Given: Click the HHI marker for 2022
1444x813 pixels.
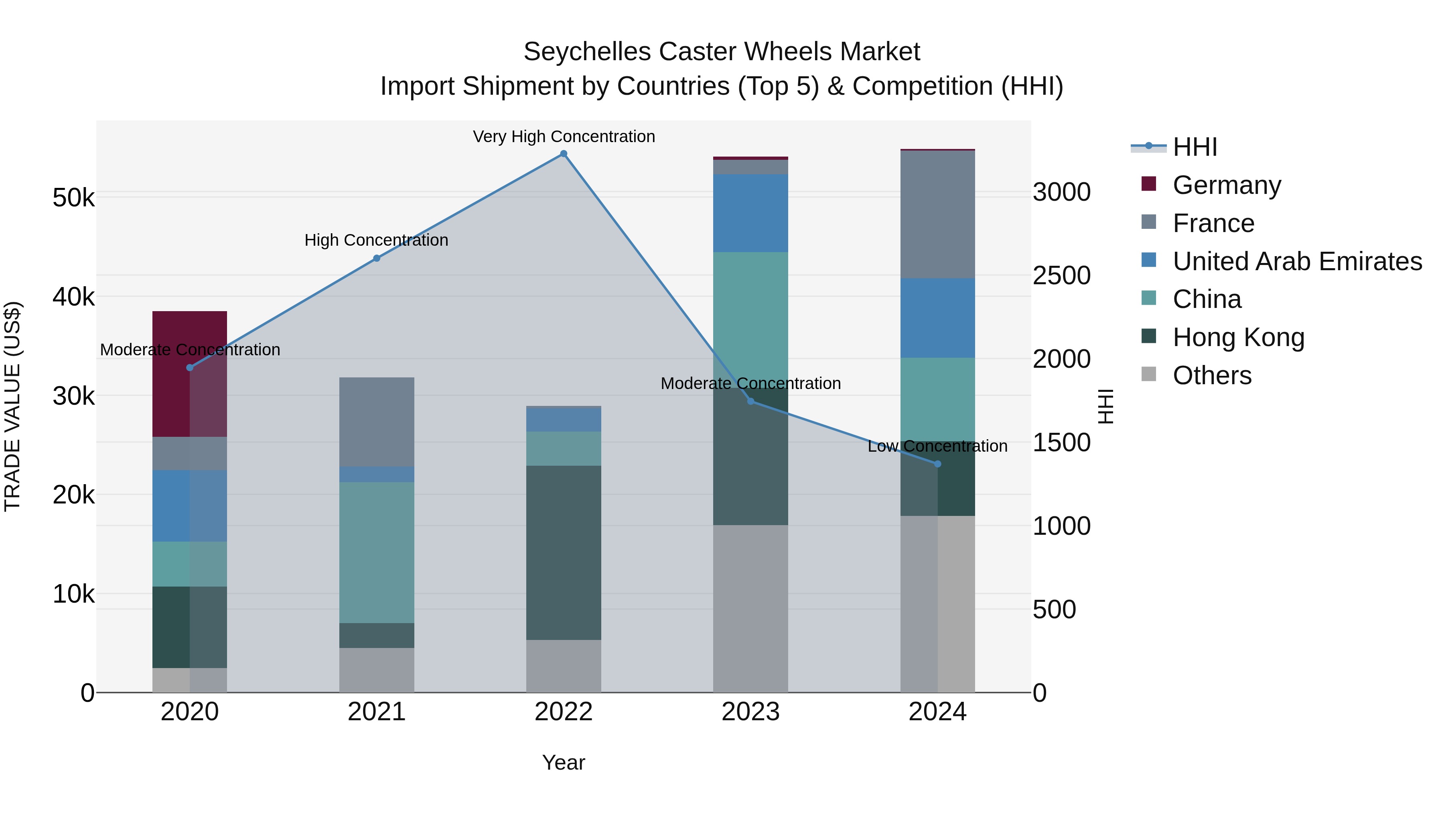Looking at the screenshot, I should pos(564,154).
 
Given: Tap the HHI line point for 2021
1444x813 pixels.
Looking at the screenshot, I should pos(377,258).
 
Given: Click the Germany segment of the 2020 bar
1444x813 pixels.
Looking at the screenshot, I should pos(189,374).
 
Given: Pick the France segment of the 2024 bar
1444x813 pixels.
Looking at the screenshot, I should pos(937,214).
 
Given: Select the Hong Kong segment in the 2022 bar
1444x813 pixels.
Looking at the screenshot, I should pos(564,553).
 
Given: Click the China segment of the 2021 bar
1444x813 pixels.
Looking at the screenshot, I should pos(377,553).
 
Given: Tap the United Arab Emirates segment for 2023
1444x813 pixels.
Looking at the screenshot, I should pos(750,213).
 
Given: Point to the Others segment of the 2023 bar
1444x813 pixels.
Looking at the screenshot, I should pos(750,609).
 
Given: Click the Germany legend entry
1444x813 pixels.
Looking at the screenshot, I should pos(1227,185).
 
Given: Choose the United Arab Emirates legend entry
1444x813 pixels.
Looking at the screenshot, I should pos(1296,261).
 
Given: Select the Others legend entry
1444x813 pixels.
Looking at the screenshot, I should pos(1211,375).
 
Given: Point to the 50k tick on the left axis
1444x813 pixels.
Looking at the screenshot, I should pos(73,198).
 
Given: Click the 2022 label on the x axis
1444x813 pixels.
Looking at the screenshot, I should pos(564,712).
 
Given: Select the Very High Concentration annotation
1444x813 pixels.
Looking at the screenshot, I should pos(564,137).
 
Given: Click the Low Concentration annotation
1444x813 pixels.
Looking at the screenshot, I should pos(937,446).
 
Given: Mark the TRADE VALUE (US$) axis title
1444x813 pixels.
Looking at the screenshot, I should pos(12,406).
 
